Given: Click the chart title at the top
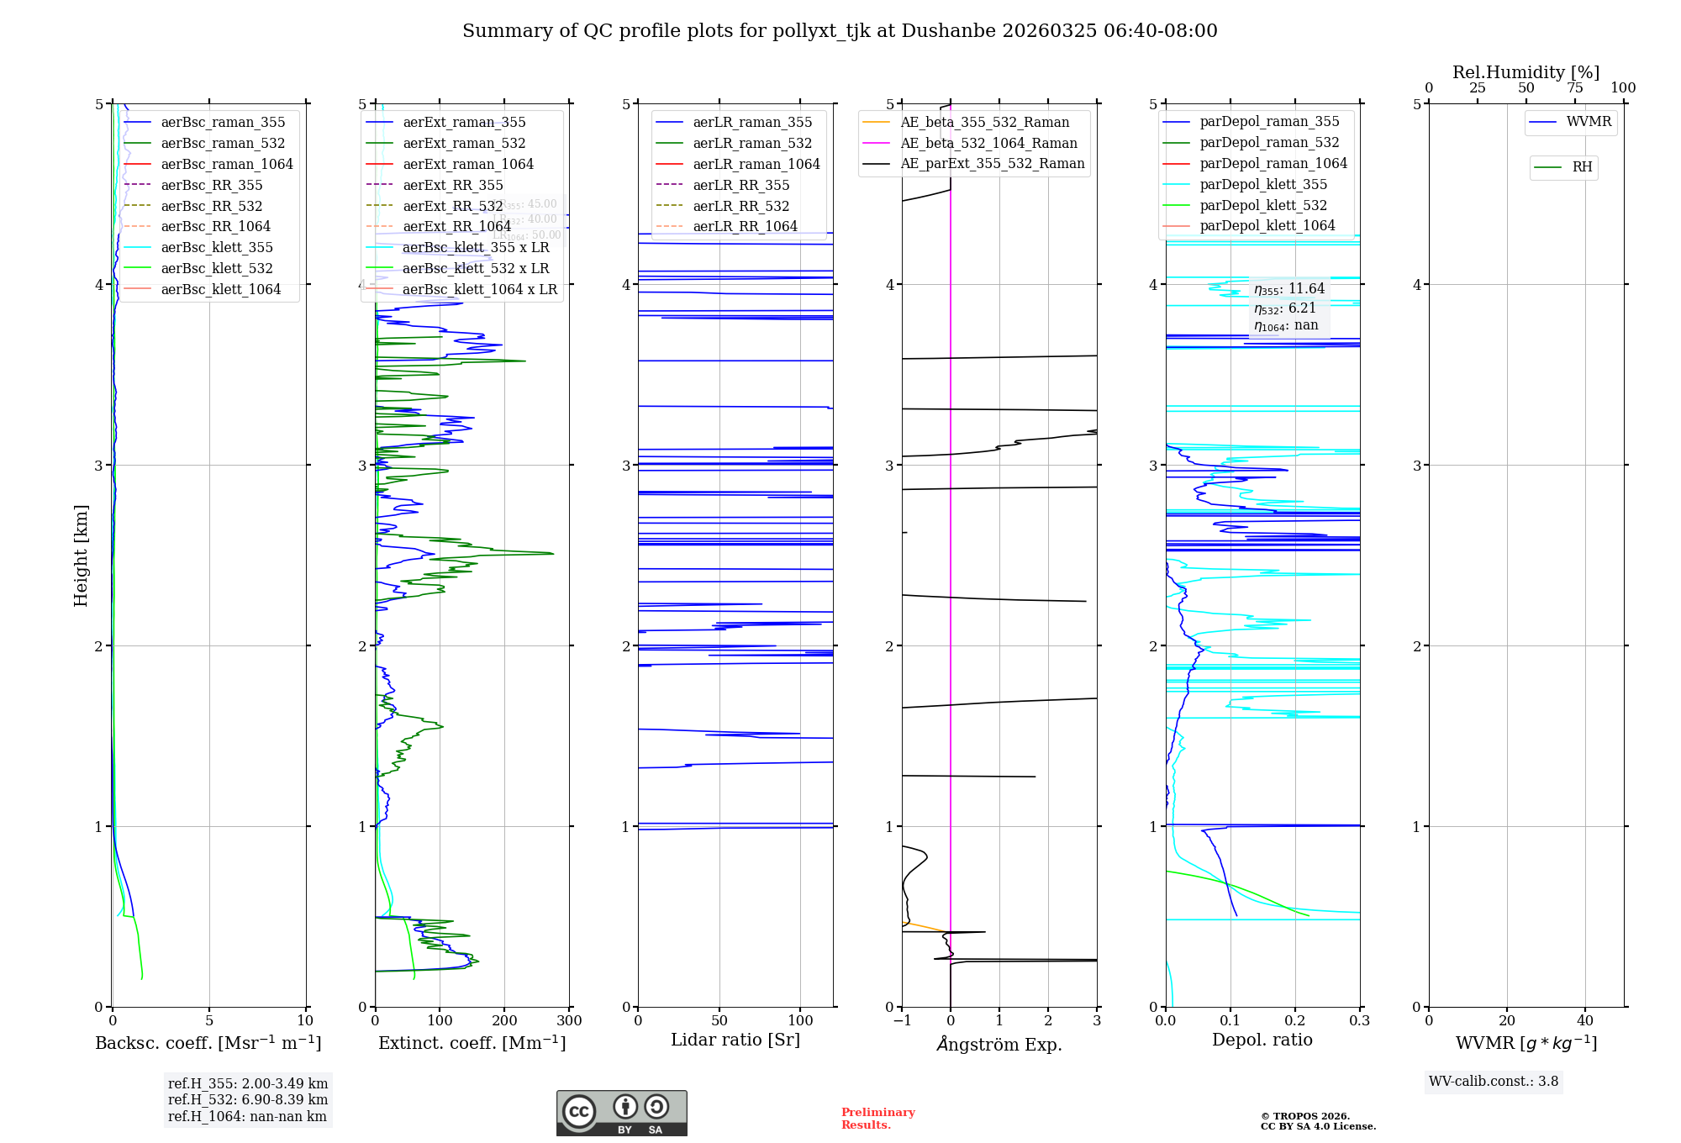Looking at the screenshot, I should pyautogui.click(x=840, y=31).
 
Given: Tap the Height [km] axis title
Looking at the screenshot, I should pyautogui.click(x=81, y=556).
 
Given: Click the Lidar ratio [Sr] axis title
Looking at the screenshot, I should pyautogui.click(x=735, y=1040).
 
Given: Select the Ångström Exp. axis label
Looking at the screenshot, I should pyautogui.click(x=999, y=1044).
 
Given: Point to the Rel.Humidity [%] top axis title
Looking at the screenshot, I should pyautogui.click(x=1526, y=72).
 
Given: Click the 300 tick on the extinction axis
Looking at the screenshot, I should pyautogui.click(x=570, y=1021).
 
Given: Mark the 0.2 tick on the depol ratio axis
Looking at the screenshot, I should pyautogui.click(x=1295, y=1021).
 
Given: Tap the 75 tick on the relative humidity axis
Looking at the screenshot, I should pyautogui.click(x=1575, y=88).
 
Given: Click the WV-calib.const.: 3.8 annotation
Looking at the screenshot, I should pyautogui.click(x=1494, y=1082).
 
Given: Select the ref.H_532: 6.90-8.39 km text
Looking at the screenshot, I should pyautogui.click(x=248, y=1100).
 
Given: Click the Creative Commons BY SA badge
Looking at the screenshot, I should pyautogui.click(x=621, y=1113).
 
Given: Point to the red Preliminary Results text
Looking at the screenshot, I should pyautogui.click(x=877, y=1119).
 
